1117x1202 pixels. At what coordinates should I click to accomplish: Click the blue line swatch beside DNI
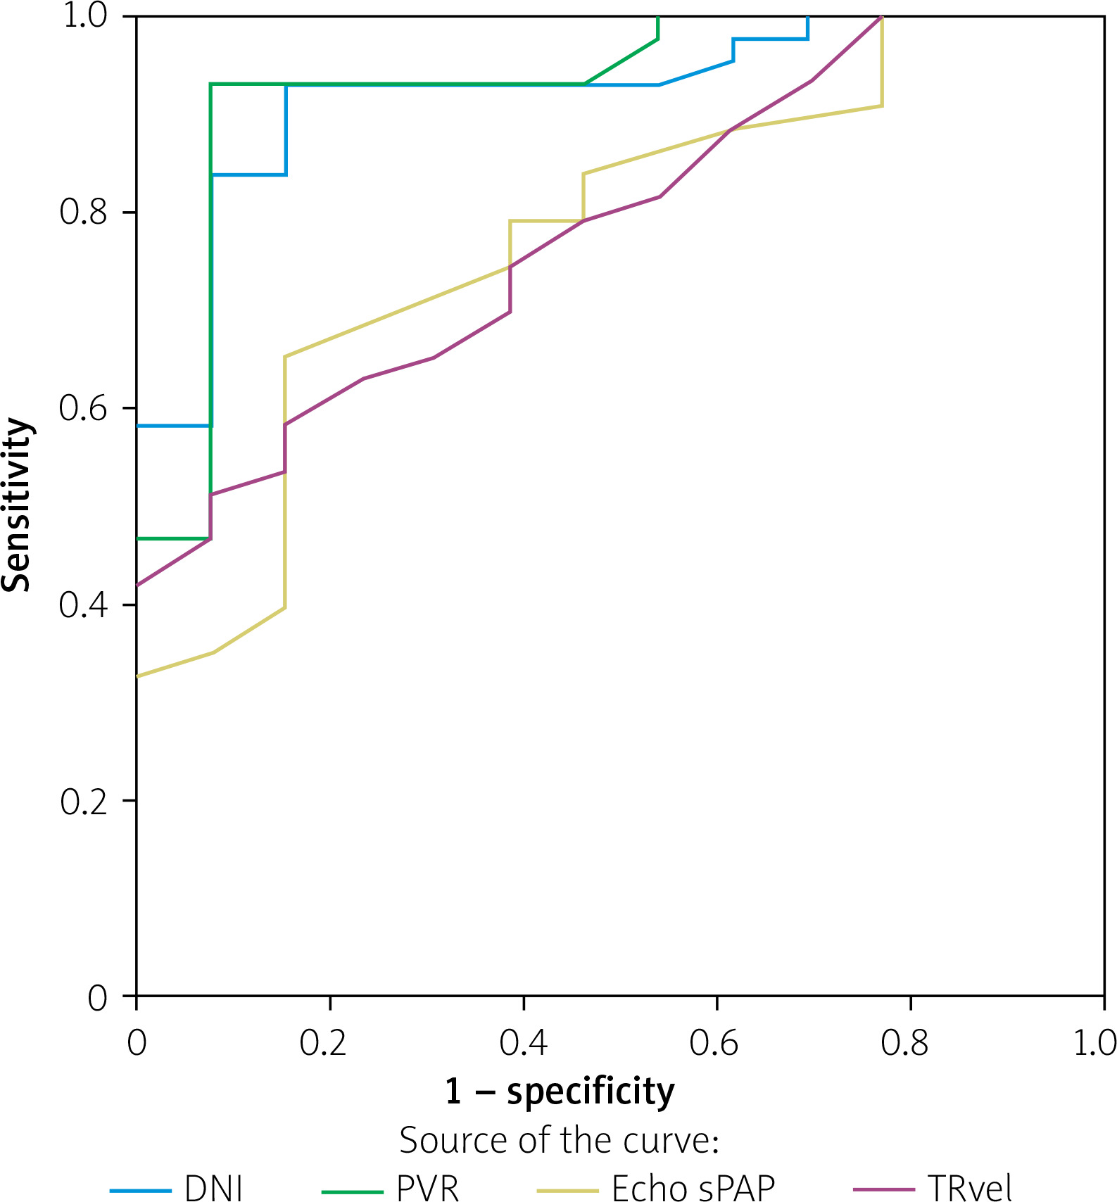pos(141,1191)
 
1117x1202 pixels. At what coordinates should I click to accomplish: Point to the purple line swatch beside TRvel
pos(884,1191)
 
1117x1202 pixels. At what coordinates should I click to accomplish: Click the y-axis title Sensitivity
pos(17,505)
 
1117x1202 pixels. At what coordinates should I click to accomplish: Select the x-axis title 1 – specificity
pos(560,1092)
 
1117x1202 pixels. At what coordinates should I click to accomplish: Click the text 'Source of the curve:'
pos(560,1140)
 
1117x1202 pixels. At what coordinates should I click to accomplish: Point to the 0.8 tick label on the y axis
pos(84,212)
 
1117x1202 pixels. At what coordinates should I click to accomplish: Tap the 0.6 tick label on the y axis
pos(84,408)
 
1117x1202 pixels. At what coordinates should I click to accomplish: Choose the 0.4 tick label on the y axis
pos(84,605)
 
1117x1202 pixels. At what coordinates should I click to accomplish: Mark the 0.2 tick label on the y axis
pos(84,801)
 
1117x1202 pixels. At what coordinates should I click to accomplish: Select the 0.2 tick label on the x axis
pos(323,1043)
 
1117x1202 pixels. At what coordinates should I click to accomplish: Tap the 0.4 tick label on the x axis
pos(523,1043)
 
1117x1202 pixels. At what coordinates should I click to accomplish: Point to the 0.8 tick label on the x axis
pos(904,1043)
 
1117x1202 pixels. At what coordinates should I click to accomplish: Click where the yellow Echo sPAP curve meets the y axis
pos(137,676)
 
